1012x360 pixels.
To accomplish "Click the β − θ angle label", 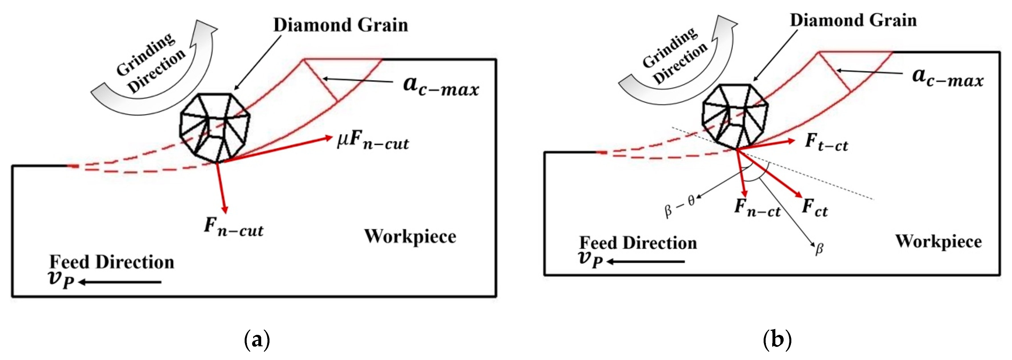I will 679,207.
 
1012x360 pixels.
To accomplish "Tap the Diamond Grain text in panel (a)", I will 341,25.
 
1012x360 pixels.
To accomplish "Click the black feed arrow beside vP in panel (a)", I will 120,282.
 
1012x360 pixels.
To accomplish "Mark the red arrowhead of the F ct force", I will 798,194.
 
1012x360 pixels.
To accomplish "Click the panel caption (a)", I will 257,339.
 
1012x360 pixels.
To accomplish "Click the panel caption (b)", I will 777,339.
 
